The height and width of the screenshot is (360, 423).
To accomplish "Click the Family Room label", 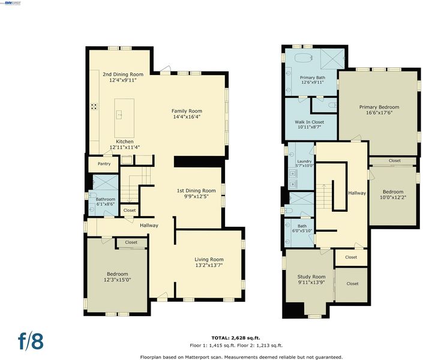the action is [187, 111].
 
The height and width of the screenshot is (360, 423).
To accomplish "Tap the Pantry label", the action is [104, 164].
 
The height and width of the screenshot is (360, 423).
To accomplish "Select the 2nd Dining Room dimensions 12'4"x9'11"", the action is [123, 80].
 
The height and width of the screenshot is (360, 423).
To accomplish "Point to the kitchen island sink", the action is [119, 115].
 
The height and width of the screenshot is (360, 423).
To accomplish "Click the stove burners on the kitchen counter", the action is [94, 106].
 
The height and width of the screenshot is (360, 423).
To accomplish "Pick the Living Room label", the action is [209, 259].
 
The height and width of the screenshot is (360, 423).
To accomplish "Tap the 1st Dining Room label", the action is [196, 191].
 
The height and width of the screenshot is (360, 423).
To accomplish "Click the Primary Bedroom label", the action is [379, 107].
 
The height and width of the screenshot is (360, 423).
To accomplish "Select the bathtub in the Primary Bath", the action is [304, 58].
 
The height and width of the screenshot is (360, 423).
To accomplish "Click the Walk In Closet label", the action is [310, 122].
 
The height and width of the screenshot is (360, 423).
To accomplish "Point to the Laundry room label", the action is [304, 161].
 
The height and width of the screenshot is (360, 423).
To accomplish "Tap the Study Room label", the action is [311, 277].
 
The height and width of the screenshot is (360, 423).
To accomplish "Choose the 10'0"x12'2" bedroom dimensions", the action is [393, 197].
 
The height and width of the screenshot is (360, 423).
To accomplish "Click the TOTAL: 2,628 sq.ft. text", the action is [236, 338].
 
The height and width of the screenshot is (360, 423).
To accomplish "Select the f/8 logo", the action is [31, 341].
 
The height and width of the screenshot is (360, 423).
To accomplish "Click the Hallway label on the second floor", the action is [357, 193].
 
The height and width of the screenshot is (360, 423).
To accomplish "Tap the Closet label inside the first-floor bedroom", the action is [131, 242].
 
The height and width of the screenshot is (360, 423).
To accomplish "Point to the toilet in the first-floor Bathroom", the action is [93, 195].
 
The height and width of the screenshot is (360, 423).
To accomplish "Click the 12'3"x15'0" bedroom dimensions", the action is [118, 280].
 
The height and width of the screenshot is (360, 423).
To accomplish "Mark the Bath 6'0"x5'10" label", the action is [302, 229].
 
